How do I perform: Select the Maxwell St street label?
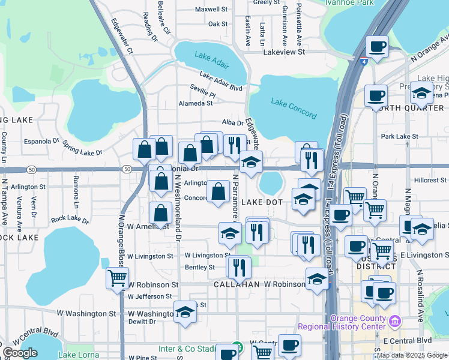pos(211,10)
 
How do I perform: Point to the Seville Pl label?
pos(203,94)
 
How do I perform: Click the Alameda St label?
pos(196,103)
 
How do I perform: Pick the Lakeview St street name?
pos(285,52)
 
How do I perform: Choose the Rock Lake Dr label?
pos(70,220)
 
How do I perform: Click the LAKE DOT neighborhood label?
pos(262,203)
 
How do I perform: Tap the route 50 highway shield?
pos(127,170)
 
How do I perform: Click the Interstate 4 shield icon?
pos(364,61)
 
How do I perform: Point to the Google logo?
pos(20,353)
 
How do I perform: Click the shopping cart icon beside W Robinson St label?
pos(117,277)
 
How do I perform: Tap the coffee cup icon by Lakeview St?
pos(377,47)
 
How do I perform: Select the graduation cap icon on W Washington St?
pos(185,311)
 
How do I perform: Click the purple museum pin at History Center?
pos(394,322)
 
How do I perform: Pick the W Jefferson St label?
pos(149,296)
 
